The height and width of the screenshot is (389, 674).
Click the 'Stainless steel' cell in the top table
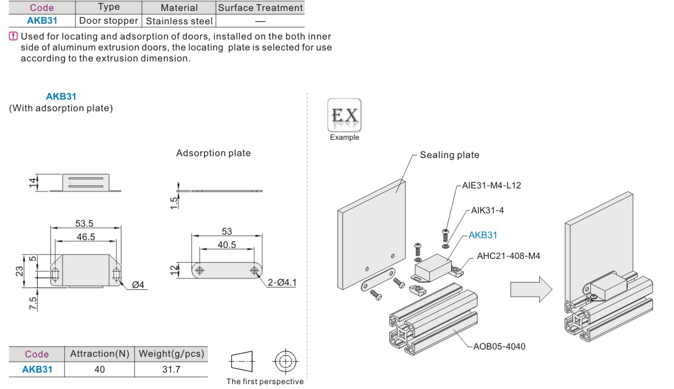(x=179, y=21)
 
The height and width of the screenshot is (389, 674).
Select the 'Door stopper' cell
(x=108, y=21)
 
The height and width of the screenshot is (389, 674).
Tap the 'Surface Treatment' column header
(x=260, y=8)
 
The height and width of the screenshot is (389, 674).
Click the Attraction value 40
(x=100, y=369)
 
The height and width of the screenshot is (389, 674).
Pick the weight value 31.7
(x=171, y=369)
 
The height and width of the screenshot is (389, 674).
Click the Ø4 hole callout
(x=138, y=285)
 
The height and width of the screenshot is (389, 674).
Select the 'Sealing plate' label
(x=449, y=155)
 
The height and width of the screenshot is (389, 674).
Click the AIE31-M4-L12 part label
(x=491, y=185)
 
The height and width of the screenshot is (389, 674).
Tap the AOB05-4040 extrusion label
(x=499, y=346)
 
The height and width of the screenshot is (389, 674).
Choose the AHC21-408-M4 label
(x=508, y=256)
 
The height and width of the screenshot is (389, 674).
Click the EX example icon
(x=344, y=115)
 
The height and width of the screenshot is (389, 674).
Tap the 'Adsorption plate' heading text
(x=213, y=153)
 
